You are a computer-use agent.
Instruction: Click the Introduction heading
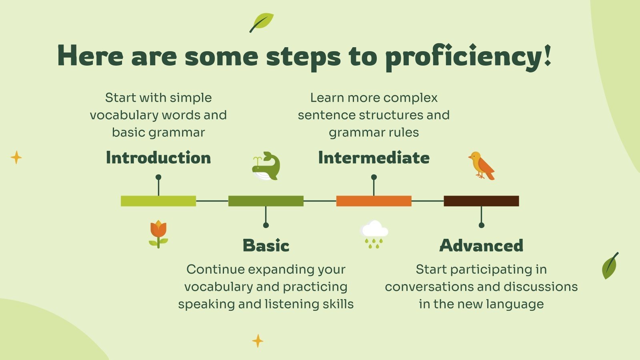tap(158, 158)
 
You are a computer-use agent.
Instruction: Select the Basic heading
tap(266, 246)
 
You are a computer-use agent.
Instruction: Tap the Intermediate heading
tap(374, 158)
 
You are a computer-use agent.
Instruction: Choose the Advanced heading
tap(482, 246)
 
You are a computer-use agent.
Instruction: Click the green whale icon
tap(266, 166)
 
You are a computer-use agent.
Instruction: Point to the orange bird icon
tap(482, 166)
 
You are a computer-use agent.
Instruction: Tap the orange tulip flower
tap(158, 234)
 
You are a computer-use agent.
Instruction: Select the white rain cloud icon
tap(374, 234)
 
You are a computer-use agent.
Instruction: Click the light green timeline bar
tap(158, 201)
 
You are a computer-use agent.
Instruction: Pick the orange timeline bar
tap(374, 201)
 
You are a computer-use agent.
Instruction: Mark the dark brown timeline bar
tap(482, 201)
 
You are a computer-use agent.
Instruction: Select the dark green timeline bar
tap(266, 201)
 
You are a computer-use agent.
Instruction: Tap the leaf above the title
tap(262, 22)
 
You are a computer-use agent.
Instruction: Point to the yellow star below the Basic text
tap(258, 341)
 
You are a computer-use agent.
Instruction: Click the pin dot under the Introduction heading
tap(158, 177)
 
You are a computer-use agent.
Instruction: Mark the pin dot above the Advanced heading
tap(482, 225)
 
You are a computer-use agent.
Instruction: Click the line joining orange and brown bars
tap(428, 201)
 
